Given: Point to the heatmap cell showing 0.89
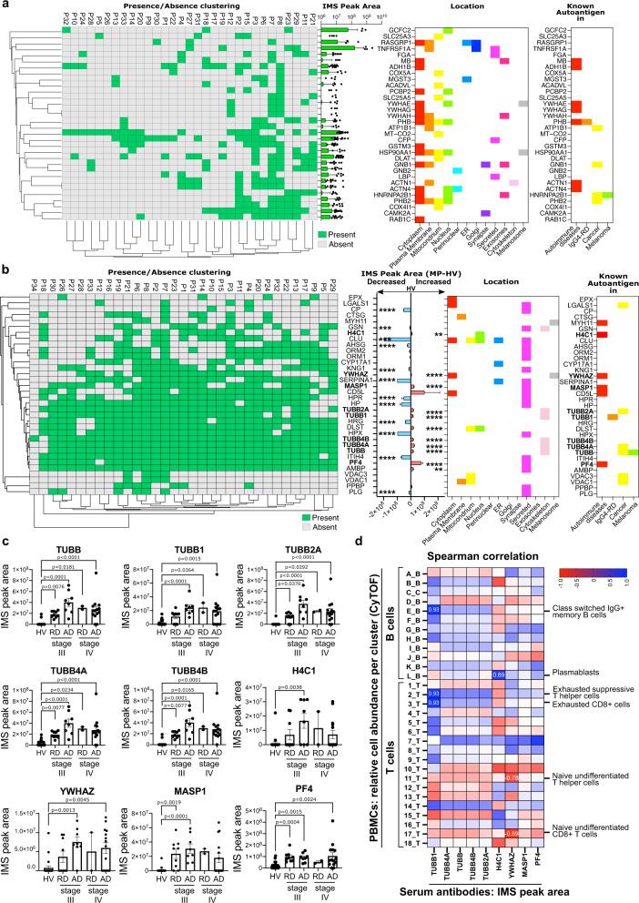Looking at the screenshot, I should tap(498, 674).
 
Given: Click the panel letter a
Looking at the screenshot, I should tap(5, 7).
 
